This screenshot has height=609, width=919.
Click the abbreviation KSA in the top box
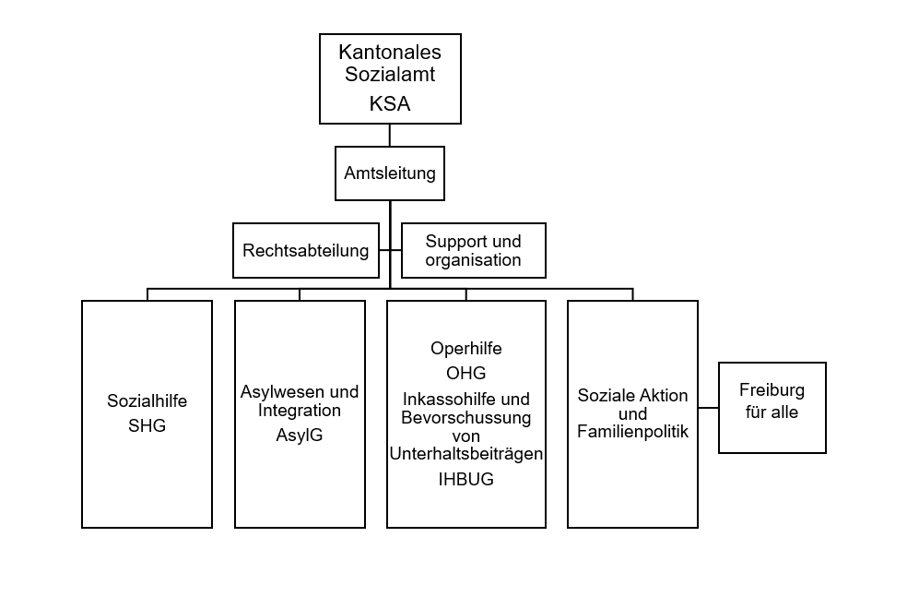point(390,104)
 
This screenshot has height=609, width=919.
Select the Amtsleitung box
point(390,173)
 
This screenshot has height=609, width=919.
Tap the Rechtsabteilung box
point(306,250)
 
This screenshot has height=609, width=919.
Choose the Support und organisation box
point(473,250)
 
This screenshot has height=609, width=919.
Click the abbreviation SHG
point(147,426)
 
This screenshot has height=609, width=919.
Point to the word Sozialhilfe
point(147,401)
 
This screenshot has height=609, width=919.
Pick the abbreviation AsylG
point(300,434)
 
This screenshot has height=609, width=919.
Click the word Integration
point(300,411)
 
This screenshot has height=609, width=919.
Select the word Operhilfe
point(466,348)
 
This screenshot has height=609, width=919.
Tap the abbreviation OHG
point(466,374)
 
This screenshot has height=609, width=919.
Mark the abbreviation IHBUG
point(466,479)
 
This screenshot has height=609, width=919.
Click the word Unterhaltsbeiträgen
point(466,454)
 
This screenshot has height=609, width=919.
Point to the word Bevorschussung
point(466,418)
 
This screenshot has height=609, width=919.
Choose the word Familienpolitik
point(633,431)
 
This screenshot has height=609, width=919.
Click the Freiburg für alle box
point(772,408)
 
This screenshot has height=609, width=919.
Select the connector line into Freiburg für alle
point(708,408)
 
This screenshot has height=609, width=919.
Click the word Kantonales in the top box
point(390,53)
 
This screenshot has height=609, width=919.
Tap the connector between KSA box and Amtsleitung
point(390,135)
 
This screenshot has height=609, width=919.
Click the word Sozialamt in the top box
point(384,75)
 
